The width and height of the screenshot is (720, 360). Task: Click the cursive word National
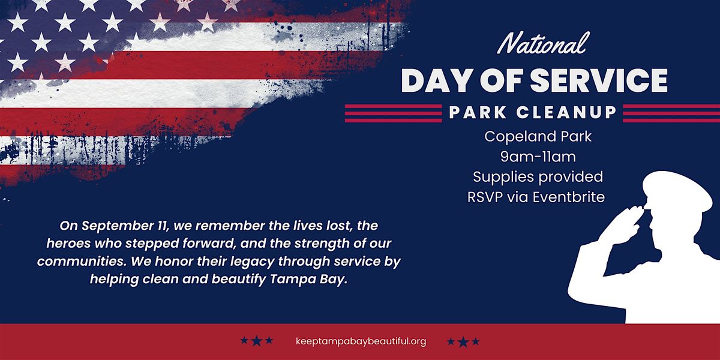coord(544,44)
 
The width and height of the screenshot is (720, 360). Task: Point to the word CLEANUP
coord(566,113)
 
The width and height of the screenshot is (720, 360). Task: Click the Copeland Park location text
coord(538,137)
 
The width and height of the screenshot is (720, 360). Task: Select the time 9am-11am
coord(538,157)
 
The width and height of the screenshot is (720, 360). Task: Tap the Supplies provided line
coord(538,178)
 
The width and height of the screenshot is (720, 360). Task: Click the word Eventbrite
coord(569,197)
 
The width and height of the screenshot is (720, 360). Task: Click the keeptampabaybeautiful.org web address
coord(361,341)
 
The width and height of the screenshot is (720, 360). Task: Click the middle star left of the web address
coord(257,341)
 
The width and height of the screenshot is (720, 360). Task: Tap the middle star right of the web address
coord(463,341)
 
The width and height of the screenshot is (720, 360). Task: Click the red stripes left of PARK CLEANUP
coord(394,113)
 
